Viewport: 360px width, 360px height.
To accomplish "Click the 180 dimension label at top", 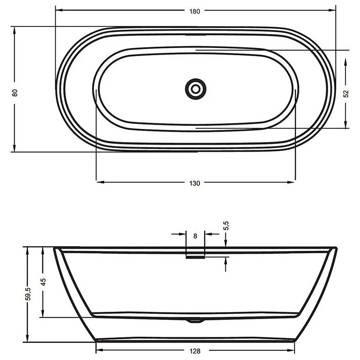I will coord(195,11).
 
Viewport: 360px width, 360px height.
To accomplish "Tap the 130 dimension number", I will coord(195,183).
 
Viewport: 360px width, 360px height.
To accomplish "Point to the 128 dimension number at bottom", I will coord(195,351).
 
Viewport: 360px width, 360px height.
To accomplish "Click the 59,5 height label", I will coord(28,294).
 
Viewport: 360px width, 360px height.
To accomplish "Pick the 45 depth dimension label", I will coord(42,282).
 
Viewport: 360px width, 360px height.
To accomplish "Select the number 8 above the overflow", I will coord(195,236).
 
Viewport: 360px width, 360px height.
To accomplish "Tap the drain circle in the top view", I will coord(196,89).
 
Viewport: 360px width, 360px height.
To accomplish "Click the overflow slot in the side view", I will coord(195,256).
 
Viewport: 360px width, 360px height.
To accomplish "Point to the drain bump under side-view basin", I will coord(195,321).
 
